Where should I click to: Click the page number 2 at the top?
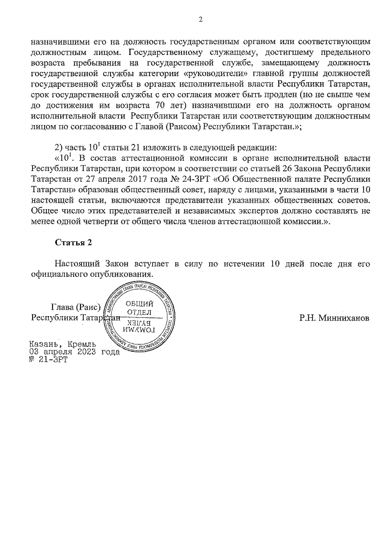200,19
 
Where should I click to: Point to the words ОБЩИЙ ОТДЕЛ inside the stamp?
138,308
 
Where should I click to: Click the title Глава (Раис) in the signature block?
75,306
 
